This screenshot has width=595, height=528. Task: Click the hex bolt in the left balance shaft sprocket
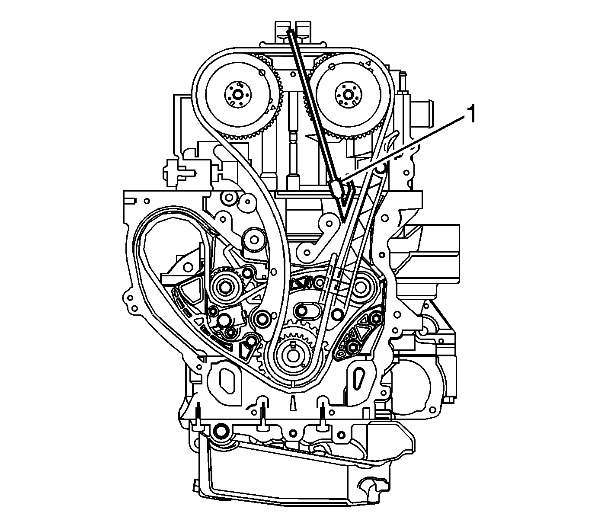(x=226, y=286)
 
